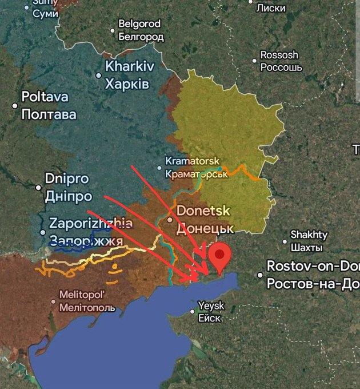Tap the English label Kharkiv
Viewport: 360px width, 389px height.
[129, 66]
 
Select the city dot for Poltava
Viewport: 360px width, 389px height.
[15, 106]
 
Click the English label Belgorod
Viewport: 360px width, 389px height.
[139, 24]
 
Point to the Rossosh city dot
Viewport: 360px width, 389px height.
[255, 61]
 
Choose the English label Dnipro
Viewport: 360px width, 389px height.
[67, 178]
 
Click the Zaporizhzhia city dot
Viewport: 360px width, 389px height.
[43, 232]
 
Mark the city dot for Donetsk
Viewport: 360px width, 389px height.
[169, 219]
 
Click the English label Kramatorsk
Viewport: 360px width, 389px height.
[193, 161]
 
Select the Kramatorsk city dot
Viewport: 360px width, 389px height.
[160, 168]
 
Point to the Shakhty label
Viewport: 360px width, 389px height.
[309, 235]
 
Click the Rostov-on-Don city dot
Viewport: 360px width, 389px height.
[261, 275]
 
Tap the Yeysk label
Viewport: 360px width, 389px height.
[211, 306]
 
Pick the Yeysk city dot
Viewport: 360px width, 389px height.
[193, 312]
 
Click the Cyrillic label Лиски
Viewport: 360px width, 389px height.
[271, 8]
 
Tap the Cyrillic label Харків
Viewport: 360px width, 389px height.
[127, 85]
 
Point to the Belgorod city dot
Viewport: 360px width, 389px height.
[113, 30]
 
